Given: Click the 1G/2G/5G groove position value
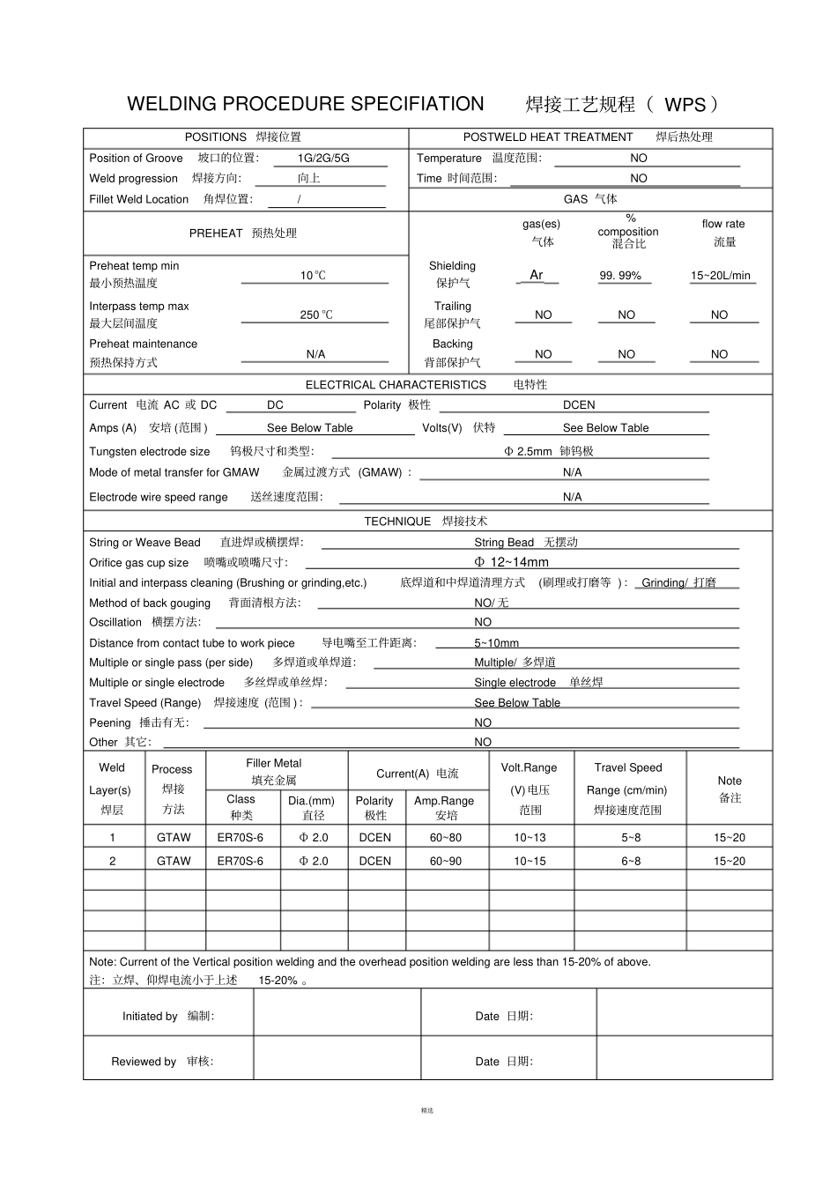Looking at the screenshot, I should click(x=323, y=159).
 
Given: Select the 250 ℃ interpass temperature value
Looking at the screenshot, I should click(x=315, y=315).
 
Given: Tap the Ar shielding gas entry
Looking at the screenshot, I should click(x=536, y=275).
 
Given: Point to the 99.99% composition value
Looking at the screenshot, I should click(x=620, y=276).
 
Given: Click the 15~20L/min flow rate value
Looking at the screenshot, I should click(x=720, y=276).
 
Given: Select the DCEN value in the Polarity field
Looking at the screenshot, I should click(x=579, y=405).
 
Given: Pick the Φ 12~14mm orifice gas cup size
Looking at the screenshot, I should click(x=511, y=562).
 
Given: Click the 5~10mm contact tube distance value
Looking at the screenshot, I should click(x=496, y=643).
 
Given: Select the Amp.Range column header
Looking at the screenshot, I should click(x=444, y=801).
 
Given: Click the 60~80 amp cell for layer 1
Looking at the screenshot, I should click(x=445, y=838).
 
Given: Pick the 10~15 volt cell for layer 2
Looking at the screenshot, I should click(x=530, y=861).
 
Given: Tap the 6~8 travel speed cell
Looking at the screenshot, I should click(x=631, y=861).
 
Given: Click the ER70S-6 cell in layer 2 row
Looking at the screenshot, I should click(x=240, y=861).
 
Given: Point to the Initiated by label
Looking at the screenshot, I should click(x=150, y=1016).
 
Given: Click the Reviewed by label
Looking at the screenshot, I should click(x=144, y=1062).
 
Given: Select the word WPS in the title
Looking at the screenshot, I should click(x=685, y=105).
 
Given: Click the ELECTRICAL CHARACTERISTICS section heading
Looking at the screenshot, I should click(x=396, y=385).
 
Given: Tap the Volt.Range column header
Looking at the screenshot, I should click(x=529, y=768).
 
